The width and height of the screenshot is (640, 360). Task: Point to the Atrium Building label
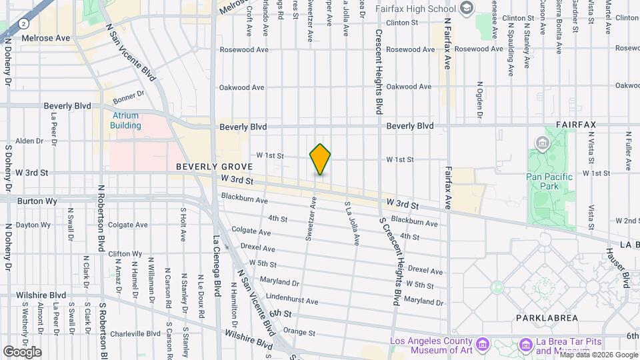[x=125, y=120]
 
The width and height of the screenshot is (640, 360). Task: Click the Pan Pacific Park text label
[x=549, y=181]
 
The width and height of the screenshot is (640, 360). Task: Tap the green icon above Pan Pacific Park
[x=541, y=143]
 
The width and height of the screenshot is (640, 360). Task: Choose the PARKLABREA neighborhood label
[x=546, y=318]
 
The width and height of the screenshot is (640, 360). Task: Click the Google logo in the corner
[x=21, y=351]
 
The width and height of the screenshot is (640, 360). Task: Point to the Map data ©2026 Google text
[x=598, y=355]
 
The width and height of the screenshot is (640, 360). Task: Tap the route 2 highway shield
[x=23, y=23]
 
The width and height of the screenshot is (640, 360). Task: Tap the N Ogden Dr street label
[x=479, y=100]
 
